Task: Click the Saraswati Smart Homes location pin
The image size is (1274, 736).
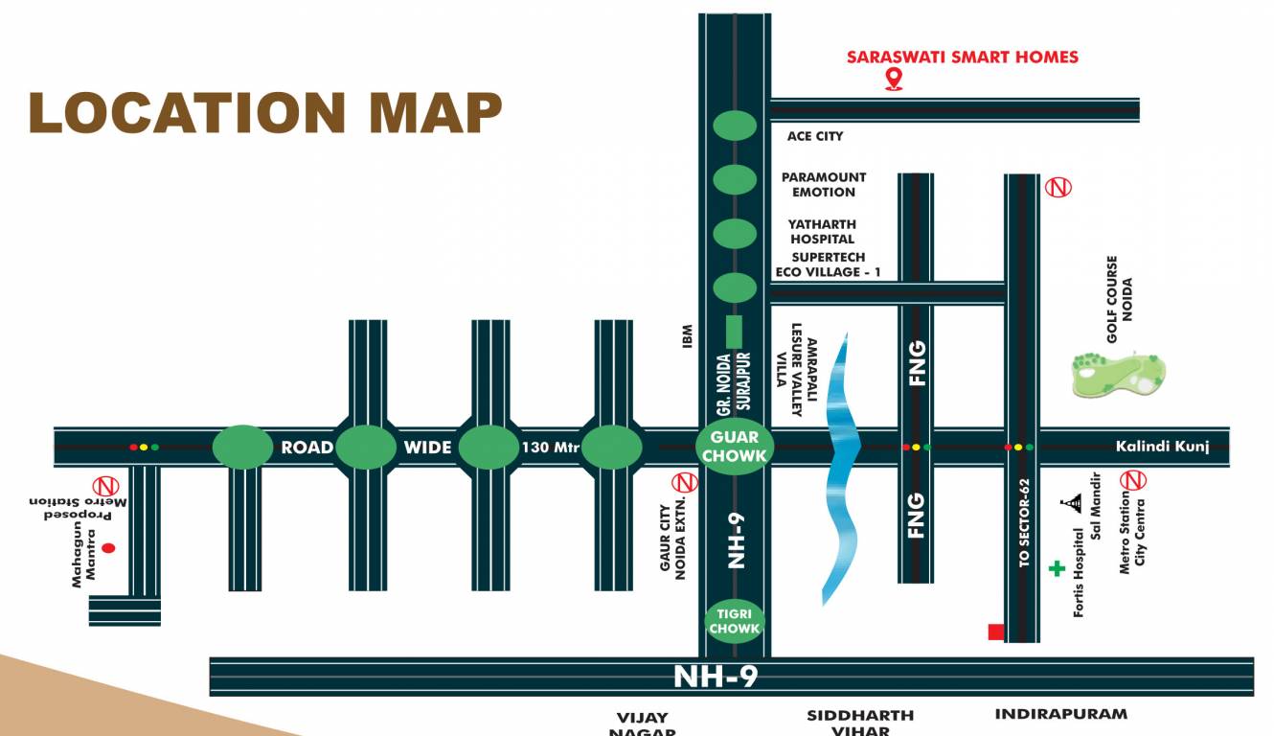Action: click(x=894, y=80)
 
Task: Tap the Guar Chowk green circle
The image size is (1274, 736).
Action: click(x=735, y=447)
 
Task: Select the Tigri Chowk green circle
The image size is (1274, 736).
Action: click(x=735, y=621)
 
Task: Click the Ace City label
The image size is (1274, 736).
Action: click(x=815, y=136)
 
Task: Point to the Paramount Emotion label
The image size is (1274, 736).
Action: click(x=823, y=184)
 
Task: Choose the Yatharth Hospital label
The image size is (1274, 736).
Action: click(x=822, y=232)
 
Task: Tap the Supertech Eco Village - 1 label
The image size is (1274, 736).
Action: click(x=829, y=264)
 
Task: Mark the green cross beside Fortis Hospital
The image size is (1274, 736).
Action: click(x=1057, y=568)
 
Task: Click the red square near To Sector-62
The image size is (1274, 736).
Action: click(x=996, y=632)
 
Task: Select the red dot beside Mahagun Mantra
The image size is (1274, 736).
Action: click(x=108, y=548)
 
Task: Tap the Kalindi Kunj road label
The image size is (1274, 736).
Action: click(x=1163, y=447)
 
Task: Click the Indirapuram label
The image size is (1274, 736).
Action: click(x=1060, y=714)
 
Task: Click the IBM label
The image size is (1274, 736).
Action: click(x=687, y=335)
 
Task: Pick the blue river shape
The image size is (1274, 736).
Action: click(x=841, y=470)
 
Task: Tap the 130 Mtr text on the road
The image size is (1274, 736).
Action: click(x=550, y=447)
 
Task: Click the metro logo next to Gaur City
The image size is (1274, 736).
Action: click(x=684, y=480)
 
